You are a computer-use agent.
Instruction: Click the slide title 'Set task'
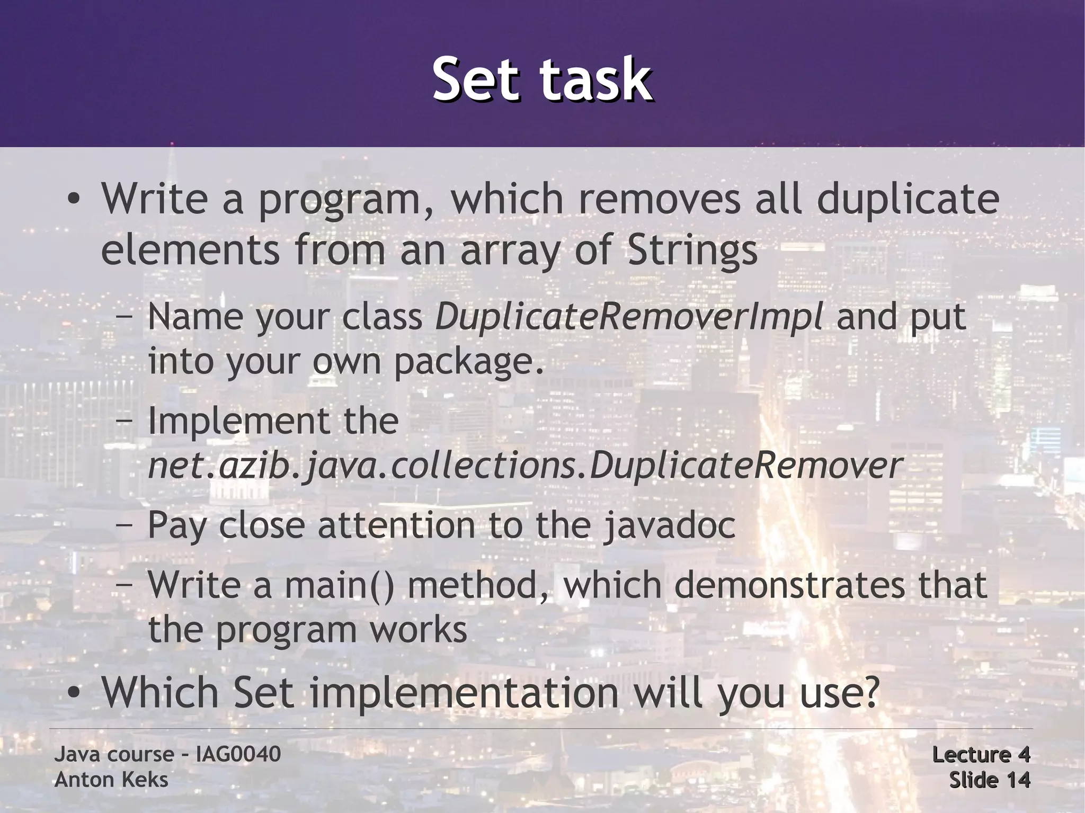[541, 79]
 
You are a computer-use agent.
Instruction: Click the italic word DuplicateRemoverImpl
[629, 317]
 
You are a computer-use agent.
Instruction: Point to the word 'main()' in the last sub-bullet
[339, 585]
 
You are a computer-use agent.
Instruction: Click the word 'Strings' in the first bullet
[693, 250]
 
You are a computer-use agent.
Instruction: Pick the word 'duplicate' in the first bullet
[907, 199]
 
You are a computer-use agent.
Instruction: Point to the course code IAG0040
[238, 754]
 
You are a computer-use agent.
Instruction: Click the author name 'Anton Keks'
[111, 780]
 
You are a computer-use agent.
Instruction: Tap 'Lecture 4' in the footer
[981, 754]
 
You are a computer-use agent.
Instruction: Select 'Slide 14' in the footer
[989, 780]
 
